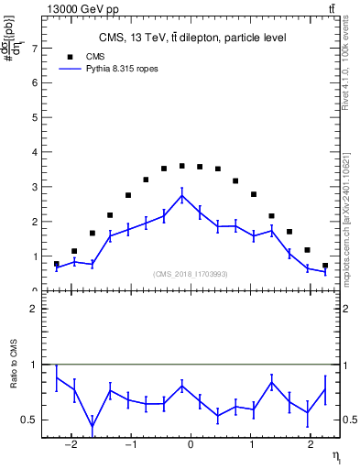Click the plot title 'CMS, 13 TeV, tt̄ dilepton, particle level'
192,38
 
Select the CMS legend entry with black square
92,56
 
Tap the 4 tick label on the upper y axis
35,152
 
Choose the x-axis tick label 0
191,445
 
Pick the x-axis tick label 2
309,445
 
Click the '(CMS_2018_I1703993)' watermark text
190,274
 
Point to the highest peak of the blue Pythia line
181,195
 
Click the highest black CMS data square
181,166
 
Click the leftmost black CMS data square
57,264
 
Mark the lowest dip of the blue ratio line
93,425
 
